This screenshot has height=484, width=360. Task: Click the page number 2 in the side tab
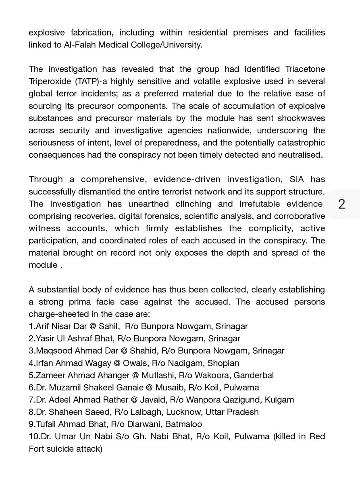pos(341,204)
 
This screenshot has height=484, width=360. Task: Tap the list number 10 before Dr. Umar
pos(33,437)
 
